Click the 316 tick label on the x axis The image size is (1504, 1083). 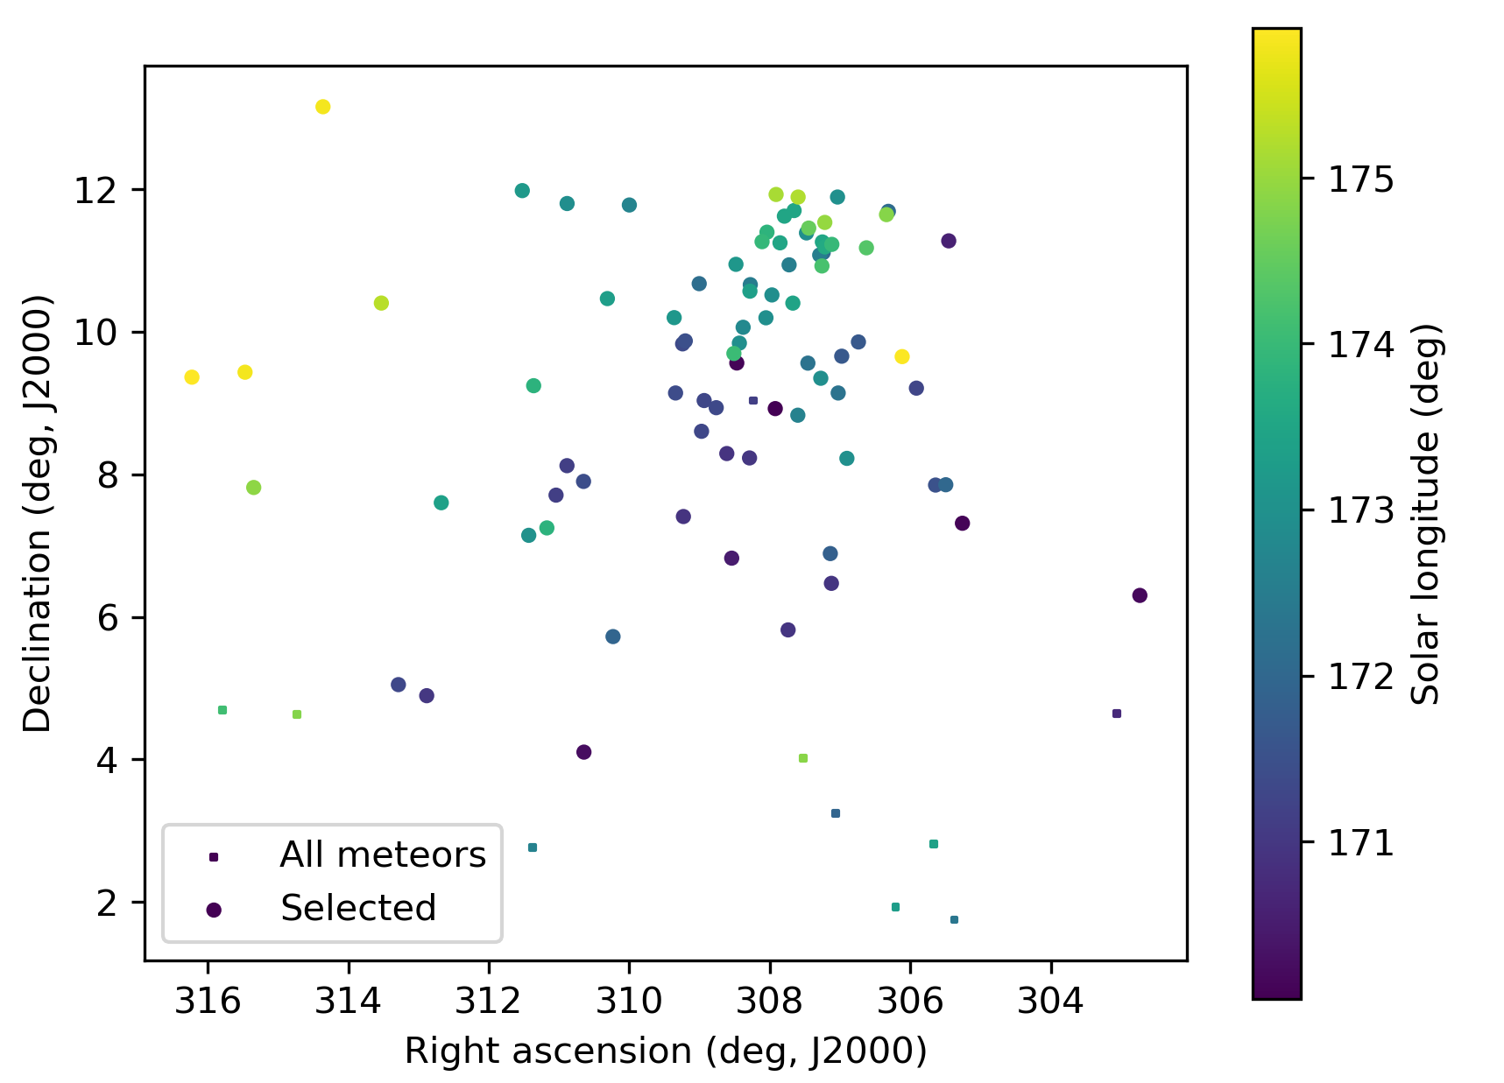pyautogui.click(x=208, y=1001)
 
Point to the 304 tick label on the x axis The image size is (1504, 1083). pyautogui.click(x=1050, y=1001)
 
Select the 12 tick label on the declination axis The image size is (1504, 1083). pyautogui.click(x=95, y=190)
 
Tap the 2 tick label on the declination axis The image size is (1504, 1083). pyautogui.click(x=107, y=903)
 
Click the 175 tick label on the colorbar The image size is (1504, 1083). pyautogui.click(x=1360, y=179)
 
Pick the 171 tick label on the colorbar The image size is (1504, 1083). pyautogui.click(x=1360, y=843)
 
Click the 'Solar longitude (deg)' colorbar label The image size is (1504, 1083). pyautogui.click(x=1426, y=514)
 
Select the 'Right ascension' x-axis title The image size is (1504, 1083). pyautogui.click(x=665, y=1051)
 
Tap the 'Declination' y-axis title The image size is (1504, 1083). pyautogui.click(x=39, y=513)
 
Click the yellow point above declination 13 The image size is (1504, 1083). pyautogui.click(x=322, y=107)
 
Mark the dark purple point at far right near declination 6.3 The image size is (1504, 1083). pyautogui.click(x=1140, y=595)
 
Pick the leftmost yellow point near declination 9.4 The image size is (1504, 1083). pyautogui.click(x=192, y=377)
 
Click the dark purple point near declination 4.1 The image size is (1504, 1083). pyautogui.click(x=584, y=752)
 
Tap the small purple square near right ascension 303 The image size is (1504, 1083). pyautogui.click(x=1116, y=714)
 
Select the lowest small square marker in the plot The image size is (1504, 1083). pyautogui.click(x=954, y=919)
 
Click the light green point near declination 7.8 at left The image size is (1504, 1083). pyautogui.click(x=254, y=488)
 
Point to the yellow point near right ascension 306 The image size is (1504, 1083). pyautogui.click(x=901, y=356)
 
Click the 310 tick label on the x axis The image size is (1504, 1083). pyautogui.click(x=629, y=1001)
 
